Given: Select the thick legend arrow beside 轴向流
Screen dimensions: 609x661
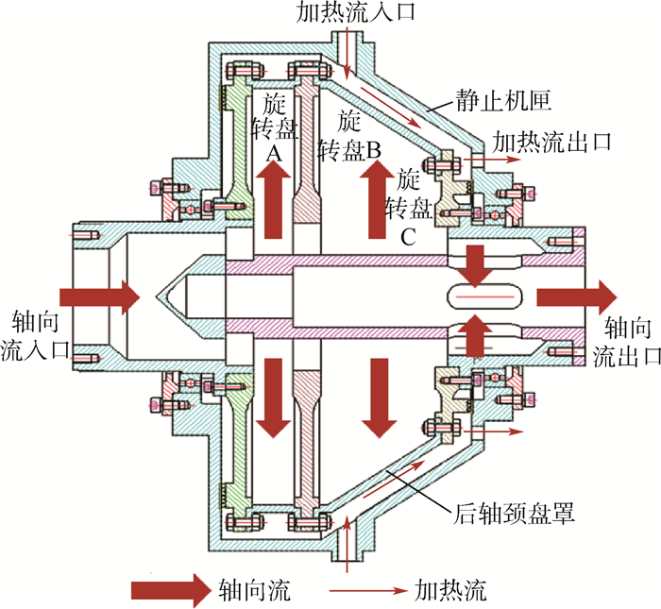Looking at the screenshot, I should pos(170,590).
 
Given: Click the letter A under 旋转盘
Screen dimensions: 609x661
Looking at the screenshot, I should pos(274,151).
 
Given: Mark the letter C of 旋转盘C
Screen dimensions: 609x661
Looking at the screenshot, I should pos(406,237).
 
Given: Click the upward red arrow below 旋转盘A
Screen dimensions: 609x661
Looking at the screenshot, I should pos(275,199).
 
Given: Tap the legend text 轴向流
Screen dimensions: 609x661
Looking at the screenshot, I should pos(252,592).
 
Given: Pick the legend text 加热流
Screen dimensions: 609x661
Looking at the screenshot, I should pos(450,592).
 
